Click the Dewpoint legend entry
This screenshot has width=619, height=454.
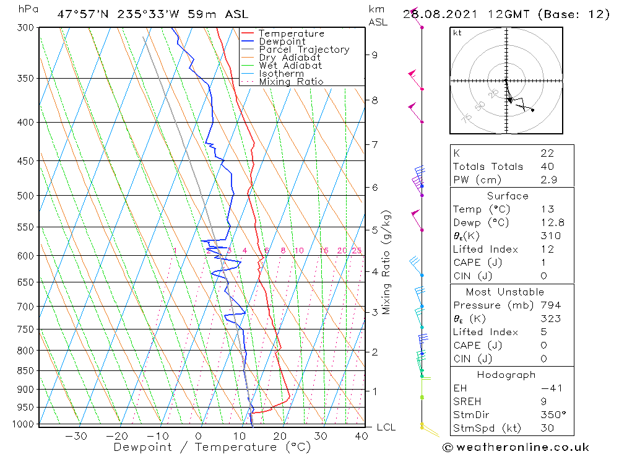282,41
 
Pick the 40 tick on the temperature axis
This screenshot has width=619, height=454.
361,436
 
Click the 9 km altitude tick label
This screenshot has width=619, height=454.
374,55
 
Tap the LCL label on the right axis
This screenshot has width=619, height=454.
386,427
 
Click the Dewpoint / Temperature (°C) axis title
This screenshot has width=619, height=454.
212,447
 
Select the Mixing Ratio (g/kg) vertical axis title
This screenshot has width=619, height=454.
387,263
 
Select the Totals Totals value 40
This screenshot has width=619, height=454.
547,166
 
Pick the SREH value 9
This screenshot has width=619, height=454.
543,401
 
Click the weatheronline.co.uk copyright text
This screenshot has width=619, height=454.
516,447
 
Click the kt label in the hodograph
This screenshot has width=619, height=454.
457,33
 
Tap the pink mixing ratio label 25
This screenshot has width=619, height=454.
357,250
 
